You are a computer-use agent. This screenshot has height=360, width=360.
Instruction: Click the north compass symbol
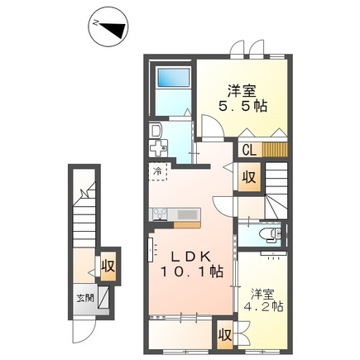[x=108, y=27]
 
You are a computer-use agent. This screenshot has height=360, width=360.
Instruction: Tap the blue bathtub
[x=173, y=77]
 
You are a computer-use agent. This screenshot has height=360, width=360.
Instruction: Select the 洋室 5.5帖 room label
[x=242, y=98]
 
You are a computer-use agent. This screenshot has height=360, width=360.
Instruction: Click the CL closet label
[x=250, y=151]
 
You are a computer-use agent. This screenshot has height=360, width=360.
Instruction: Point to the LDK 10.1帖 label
[x=191, y=265]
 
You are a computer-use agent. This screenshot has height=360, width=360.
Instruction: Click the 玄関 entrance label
[x=85, y=298]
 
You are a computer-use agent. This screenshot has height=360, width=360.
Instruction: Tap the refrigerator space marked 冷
[x=158, y=172]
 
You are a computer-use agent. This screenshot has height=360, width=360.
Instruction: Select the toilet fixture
[x=270, y=235]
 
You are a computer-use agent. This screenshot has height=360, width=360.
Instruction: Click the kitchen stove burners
[x=159, y=214]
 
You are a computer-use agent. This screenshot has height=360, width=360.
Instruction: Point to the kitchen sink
[x=189, y=214]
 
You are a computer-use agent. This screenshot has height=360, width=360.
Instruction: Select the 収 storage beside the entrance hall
[x=108, y=266]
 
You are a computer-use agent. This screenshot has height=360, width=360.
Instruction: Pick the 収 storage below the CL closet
[x=249, y=177]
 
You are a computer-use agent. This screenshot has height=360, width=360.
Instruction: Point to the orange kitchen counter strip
[x=187, y=225]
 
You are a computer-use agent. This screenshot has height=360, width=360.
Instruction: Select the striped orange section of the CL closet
[x=275, y=150]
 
